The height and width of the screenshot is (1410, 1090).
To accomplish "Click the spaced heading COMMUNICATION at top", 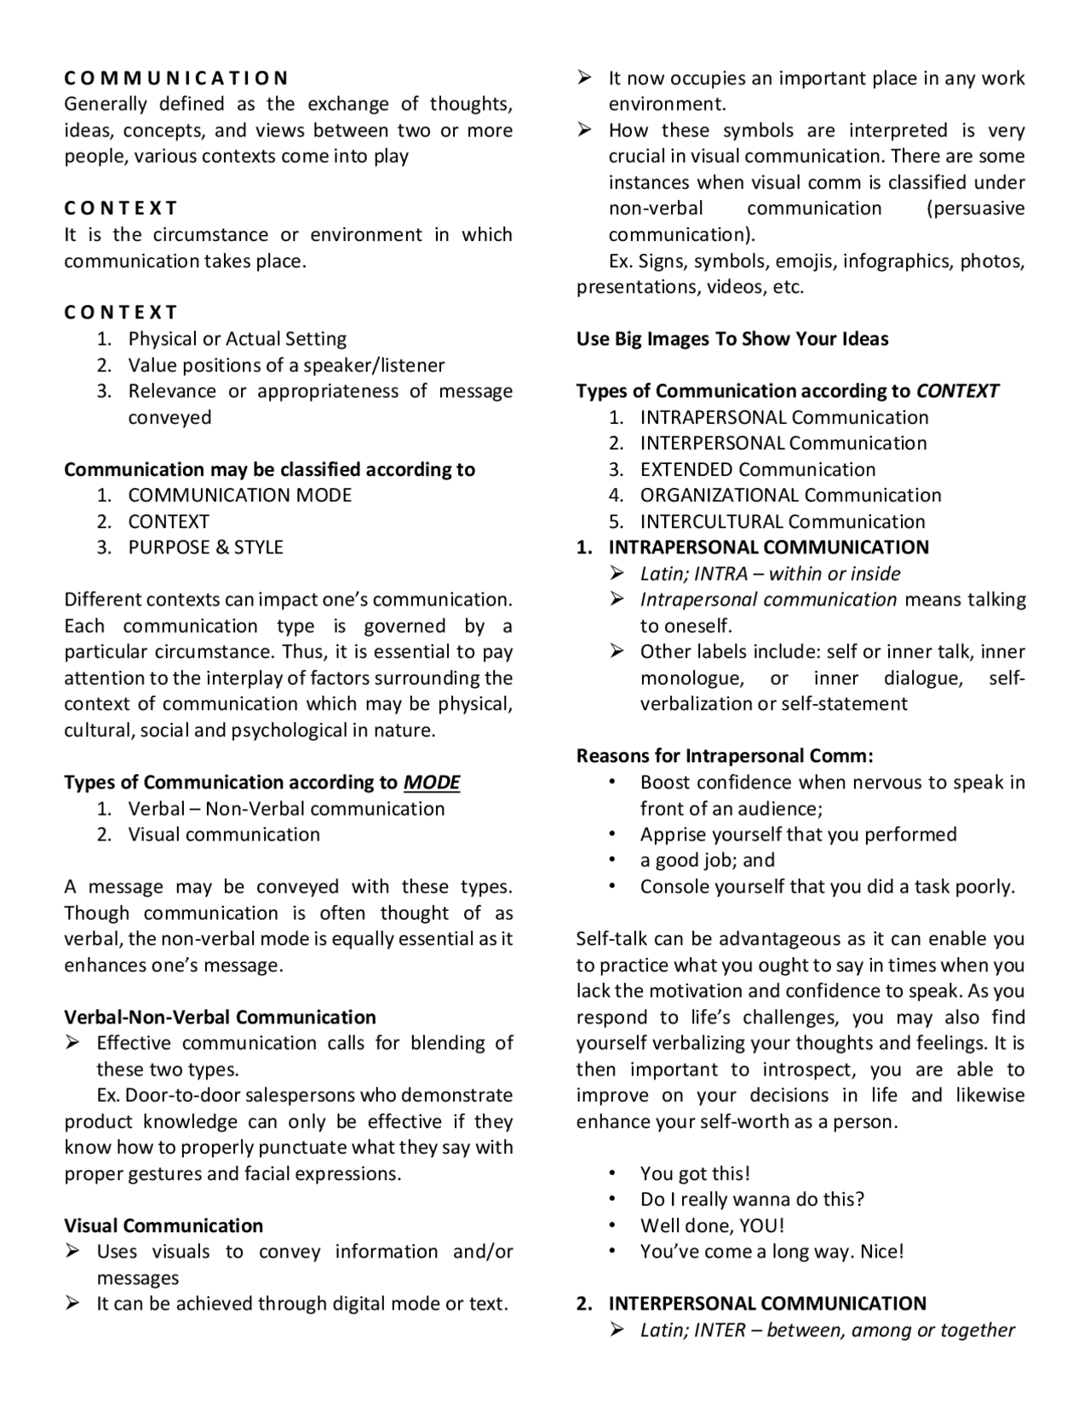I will click(176, 78).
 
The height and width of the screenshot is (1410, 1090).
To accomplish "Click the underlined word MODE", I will click(431, 782).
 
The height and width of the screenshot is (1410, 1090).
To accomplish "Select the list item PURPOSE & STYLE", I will click(205, 547).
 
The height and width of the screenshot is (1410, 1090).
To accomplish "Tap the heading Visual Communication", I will click(163, 1225).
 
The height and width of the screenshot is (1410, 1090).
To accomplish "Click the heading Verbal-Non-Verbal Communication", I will click(220, 1017).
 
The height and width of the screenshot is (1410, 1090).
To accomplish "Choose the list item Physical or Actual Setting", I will click(237, 339).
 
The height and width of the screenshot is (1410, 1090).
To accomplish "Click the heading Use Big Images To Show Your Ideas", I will click(731, 339).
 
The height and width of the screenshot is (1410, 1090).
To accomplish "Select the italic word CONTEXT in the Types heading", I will click(956, 391).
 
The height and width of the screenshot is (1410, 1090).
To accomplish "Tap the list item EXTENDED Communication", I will click(757, 469).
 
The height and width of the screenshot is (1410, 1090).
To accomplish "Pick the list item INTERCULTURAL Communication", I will click(782, 521).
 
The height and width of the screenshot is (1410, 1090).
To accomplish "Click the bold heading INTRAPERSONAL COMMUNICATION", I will click(767, 547).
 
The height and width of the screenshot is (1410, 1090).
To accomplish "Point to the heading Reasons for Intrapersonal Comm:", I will click(725, 756).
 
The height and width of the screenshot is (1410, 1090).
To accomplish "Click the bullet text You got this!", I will click(695, 1173).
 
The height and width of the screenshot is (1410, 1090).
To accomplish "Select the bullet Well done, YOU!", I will click(712, 1225).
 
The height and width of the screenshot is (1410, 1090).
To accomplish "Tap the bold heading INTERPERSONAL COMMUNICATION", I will click(766, 1304).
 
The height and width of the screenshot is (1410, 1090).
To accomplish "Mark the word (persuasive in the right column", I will click(975, 209).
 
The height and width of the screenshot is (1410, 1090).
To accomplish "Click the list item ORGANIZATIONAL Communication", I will click(790, 496).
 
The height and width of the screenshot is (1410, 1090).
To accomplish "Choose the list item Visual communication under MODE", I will click(224, 834).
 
